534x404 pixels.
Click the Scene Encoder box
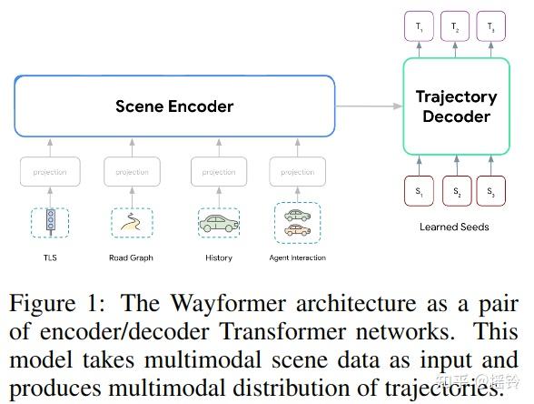pyautogui.click(x=174, y=106)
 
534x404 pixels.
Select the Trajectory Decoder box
pyautogui.click(x=456, y=106)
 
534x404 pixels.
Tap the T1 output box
pyautogui.click(x=419, y=27)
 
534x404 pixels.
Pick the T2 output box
pyautogui.click(x=456, y=27)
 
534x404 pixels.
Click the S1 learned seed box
pyautogui.click(x=419, y=193)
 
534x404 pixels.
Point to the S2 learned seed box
pyautogui.click(x=456, y=193)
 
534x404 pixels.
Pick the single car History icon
pyautogui.click(x=218, y=222)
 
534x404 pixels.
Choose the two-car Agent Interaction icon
pyautogui.click(x=297, y=222)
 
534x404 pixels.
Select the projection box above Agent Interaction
pyautogui.click(x=297, y=171)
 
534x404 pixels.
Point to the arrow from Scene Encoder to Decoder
pyautogui.click(x=369, y=106)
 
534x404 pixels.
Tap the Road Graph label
pyautogui.click(x=132, y=258)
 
